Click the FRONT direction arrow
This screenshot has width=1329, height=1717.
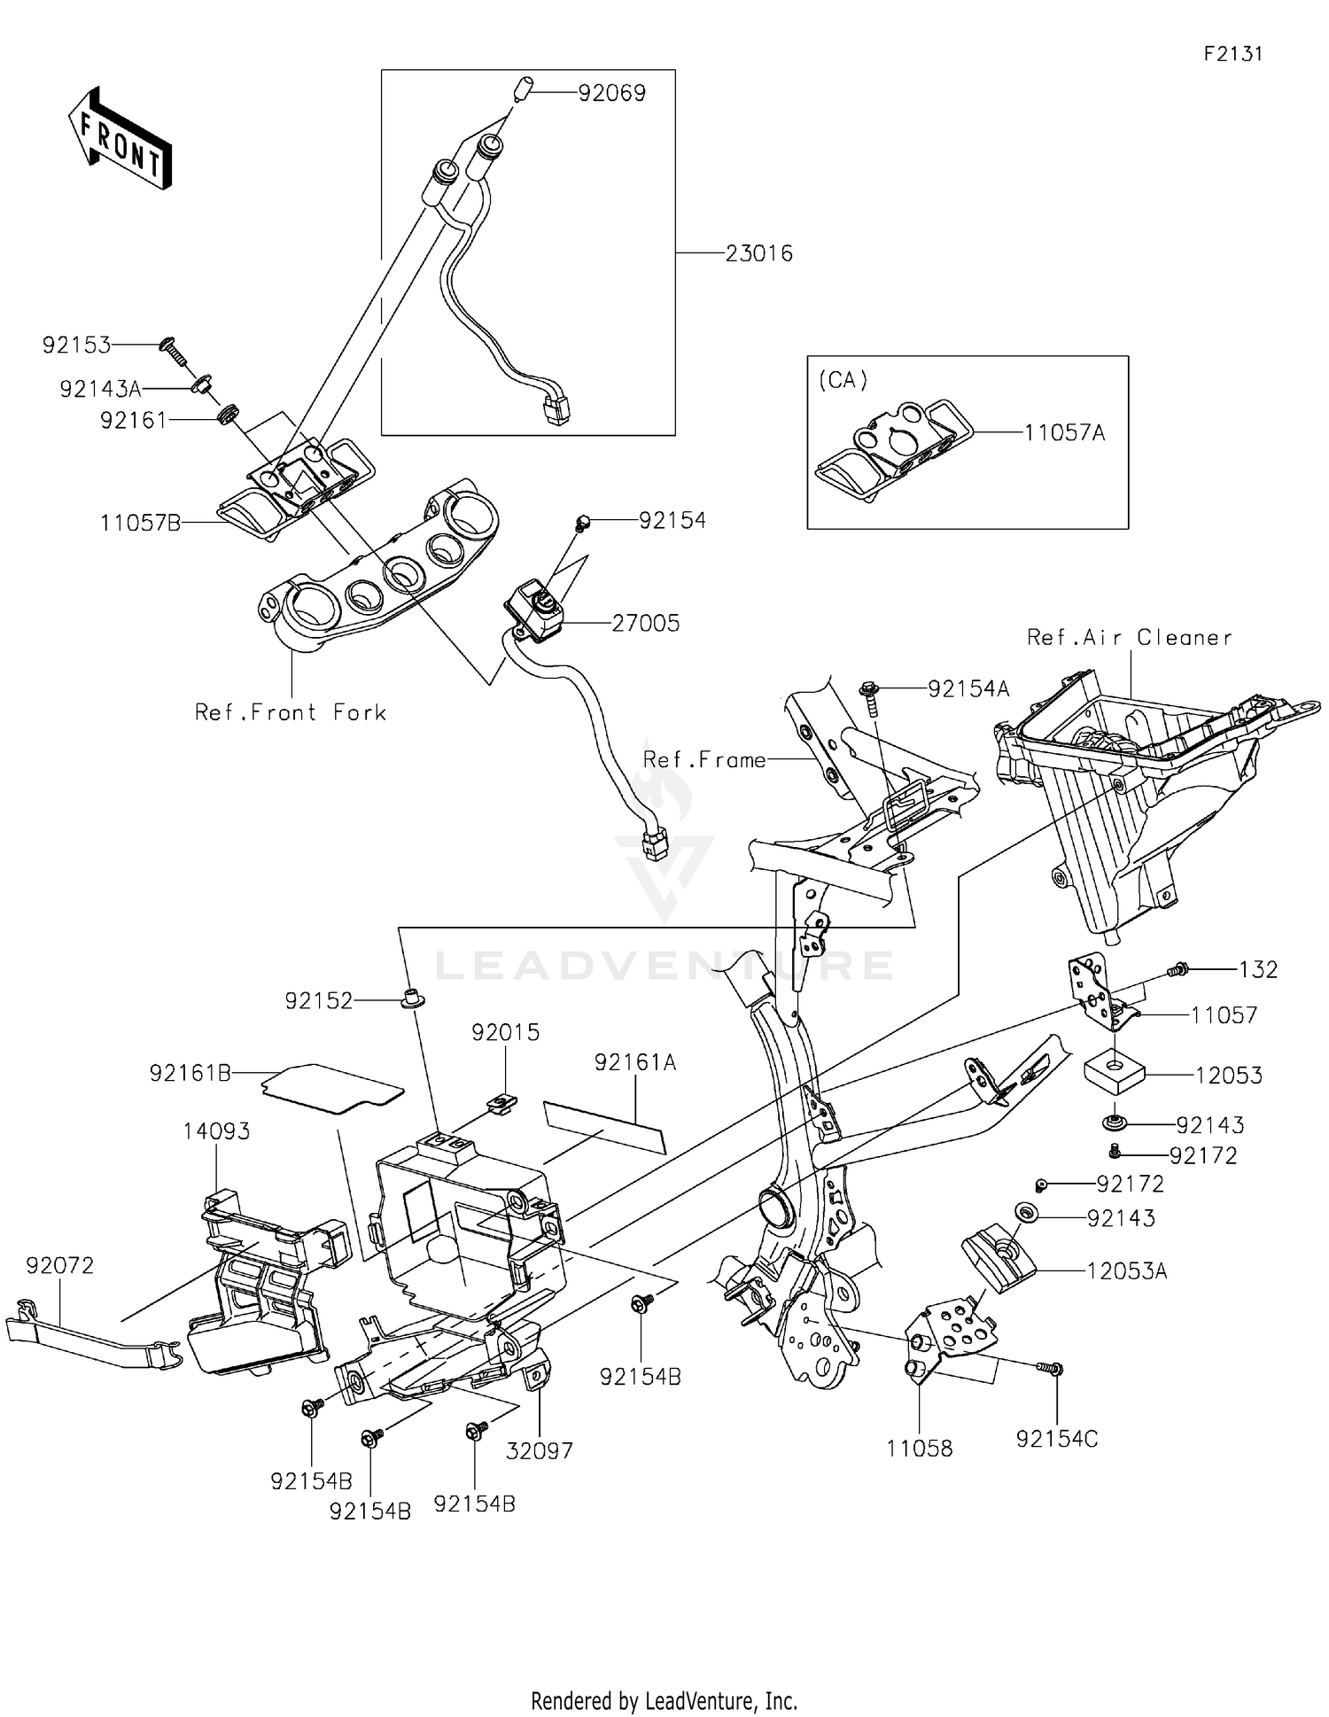(x=120, y=140)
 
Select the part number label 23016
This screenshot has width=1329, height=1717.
(x=758, y=254)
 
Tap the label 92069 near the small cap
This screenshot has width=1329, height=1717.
(x=611, y=93)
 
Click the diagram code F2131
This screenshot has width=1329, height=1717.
(x=1232, y=54)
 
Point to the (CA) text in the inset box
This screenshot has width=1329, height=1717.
(x=843, y=380)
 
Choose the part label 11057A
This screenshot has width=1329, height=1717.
(x=1064, y=433)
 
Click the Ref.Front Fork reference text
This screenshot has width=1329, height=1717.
(x=291, y=712)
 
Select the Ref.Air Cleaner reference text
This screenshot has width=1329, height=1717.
(x=1130, y=638)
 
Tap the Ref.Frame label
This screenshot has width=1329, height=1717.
(x=704, y=760)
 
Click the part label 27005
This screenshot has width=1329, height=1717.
(x=646, y=624)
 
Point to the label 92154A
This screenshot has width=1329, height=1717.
(x=968, y=689)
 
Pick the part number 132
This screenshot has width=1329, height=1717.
(x=1258, y=970)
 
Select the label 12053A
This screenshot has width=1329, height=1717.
(x=1127, y=1272)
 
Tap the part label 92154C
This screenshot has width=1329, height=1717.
(x=1057, y=1440)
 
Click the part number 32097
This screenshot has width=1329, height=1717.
(x=540, y=1451)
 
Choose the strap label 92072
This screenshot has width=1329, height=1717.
(x=59, y=1266)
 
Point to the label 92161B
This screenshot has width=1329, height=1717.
(x=190, y=1074)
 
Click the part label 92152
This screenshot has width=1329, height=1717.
(x=318, y=1001)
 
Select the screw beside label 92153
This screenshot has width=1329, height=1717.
(x=171, y=353)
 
